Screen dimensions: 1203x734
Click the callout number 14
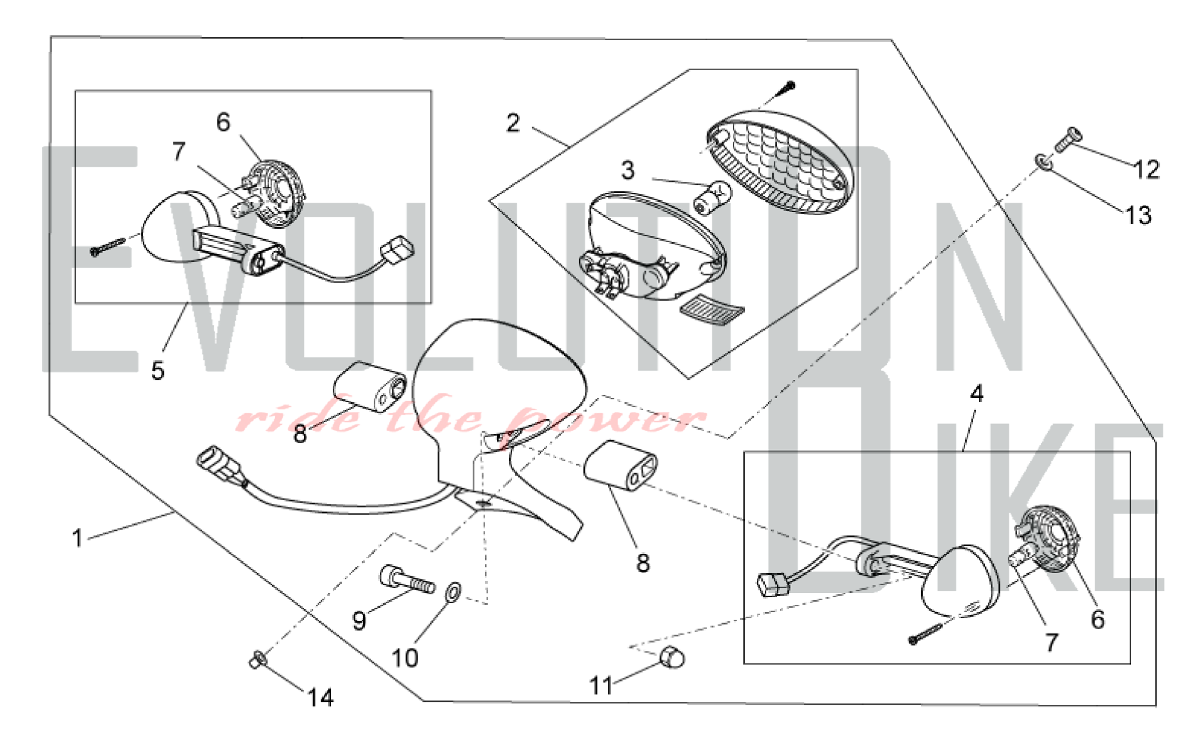coord(320,698)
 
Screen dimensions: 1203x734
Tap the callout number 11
coord(601,685)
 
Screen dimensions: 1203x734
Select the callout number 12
coord(1146,170)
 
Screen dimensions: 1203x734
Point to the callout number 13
coord(1138,215)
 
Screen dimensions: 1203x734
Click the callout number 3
coord(628,171)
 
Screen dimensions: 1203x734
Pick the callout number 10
coord(405,658)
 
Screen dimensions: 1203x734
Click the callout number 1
coord(77,538)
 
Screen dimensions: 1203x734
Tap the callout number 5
coord(158,371)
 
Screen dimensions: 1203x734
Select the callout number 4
coord(977,395)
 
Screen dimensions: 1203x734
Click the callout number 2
coord(512,123)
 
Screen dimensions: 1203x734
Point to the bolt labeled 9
coord(407,580)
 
